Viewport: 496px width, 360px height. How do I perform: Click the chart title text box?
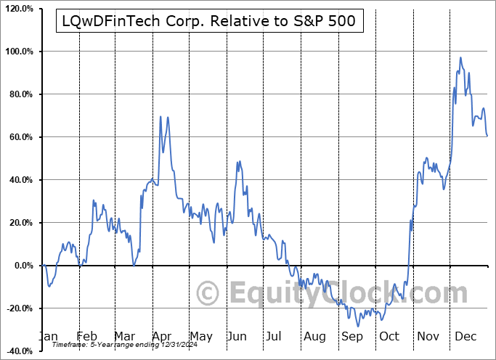(206, 22)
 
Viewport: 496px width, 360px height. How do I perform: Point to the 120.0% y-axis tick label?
(17, 9)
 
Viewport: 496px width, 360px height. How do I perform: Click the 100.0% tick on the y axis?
(17, 52)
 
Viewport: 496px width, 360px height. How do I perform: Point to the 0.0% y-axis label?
(22, 266)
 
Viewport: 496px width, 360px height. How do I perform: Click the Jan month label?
(47, 336)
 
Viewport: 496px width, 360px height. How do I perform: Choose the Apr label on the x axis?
(162, 336)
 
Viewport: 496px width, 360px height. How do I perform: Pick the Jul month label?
(275, 336)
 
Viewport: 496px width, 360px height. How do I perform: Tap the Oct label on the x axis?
(389, 336)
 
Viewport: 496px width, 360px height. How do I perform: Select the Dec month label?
(465, 336)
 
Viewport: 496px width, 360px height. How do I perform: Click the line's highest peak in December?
(460, 57)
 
